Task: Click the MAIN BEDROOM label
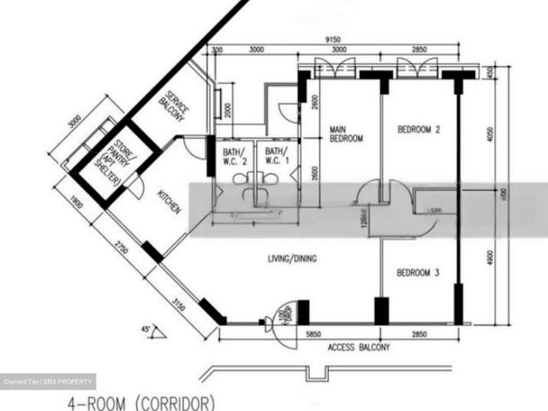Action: pyautogui.click(x=347, y=134)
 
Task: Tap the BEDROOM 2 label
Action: pyautogui.click(x=419, y=130)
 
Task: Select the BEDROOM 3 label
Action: pyautogui.click(x=418, y=273)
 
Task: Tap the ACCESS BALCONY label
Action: pyautogui.click(x=359, y=348)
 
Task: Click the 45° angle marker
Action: pyautogui.click(x=146, y=328)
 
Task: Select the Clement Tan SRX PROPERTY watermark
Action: pyautogui.click(x=48, y=381)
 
